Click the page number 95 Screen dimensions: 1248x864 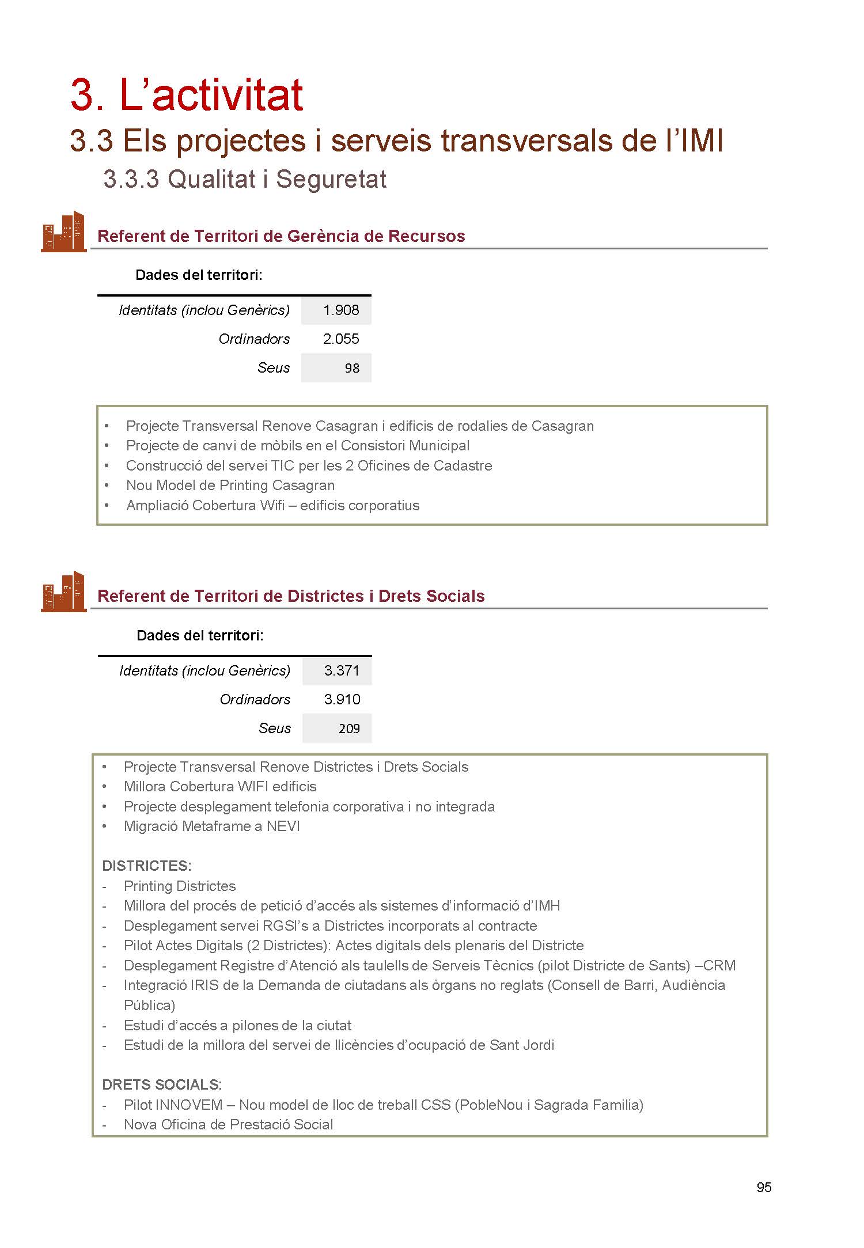(764, 1187)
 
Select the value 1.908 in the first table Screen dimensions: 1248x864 (341, 310)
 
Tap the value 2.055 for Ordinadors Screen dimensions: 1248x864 (341, 339)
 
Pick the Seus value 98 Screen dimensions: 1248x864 (352, 369)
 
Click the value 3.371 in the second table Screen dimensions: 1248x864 (342, 671)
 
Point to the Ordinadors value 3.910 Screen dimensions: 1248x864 (342, 700)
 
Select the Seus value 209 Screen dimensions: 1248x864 (349, 729)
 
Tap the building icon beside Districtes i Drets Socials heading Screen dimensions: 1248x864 (63, 591)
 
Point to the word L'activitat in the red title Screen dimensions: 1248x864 (211, 95)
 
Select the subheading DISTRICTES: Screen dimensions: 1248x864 (146, 866)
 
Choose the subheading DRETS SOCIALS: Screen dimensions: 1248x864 (161, 1085)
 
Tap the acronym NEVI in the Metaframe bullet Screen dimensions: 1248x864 (283, 826)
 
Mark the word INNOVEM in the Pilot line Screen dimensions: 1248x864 (189, 1105)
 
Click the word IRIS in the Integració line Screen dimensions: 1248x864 (204, 985)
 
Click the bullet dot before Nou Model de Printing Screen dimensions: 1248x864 (107, 485)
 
